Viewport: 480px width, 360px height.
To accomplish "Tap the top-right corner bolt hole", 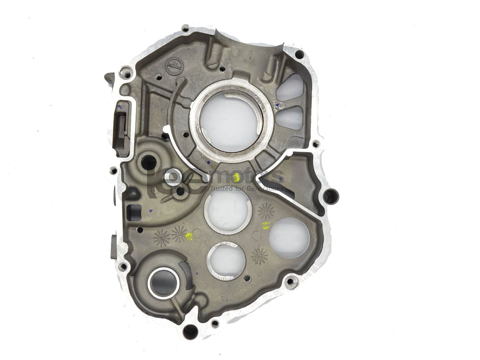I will coord(299,54).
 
